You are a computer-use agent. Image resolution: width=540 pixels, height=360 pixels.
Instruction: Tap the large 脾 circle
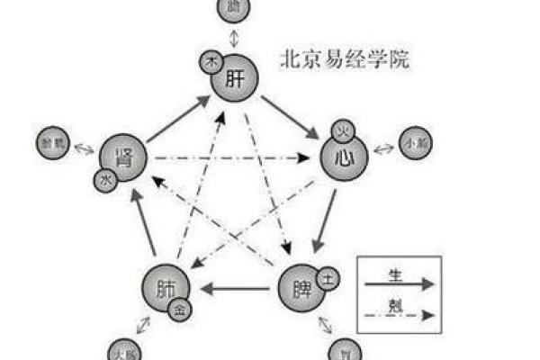(x=301, y=289)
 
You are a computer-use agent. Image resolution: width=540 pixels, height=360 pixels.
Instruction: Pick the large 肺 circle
(x=165, y=289)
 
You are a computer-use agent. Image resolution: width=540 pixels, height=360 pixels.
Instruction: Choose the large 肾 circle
(x=121, y=159)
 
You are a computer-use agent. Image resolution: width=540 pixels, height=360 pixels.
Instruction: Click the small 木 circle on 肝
(x=212, y=61)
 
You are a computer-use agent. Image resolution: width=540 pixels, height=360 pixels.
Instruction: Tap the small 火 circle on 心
(x=343, y=132)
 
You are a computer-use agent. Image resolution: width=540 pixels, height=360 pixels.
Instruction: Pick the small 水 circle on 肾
(x=103, y=180)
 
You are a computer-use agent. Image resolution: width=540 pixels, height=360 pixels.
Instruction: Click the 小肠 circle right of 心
(x=415, y=142)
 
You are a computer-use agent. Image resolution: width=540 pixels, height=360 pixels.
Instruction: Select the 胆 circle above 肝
(x=235, y=9)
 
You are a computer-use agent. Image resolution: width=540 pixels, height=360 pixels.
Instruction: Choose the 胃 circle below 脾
(x=343, y=350)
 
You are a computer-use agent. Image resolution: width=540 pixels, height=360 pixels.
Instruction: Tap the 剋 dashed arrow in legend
(x=398, y=316)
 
